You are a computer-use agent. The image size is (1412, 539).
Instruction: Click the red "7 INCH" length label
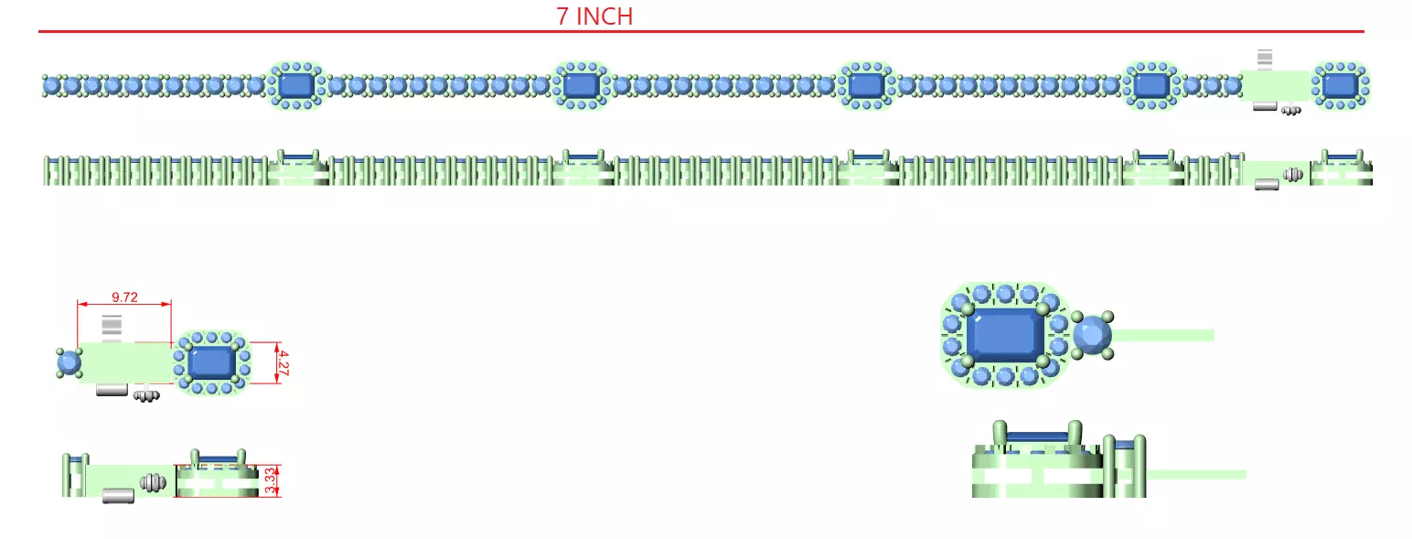(594, 16)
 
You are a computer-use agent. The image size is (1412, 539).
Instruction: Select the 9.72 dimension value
(124, 296)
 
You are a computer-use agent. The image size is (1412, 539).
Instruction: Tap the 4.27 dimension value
(283, 363)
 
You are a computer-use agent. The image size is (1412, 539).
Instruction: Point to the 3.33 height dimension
(271, 481)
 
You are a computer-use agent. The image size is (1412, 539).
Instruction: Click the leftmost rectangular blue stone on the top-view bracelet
(296, 85)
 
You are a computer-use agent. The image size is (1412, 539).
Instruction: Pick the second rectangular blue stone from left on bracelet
(582, 85)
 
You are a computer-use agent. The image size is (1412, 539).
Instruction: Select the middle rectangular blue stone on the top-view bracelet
(867, 85)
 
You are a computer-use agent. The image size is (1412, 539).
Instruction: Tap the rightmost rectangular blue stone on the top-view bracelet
(1341, 85)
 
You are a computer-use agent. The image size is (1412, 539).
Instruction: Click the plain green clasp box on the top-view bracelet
(1275, 86)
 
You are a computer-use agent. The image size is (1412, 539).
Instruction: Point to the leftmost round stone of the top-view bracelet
(52, 85)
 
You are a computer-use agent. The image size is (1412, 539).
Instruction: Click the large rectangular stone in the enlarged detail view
(1005, 335)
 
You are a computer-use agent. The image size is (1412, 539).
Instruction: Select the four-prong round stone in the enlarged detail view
(1093, 335)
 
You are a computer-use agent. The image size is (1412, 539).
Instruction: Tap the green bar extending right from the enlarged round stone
(1163, 335)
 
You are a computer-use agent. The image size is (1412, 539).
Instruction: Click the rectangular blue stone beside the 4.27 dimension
(212, 363)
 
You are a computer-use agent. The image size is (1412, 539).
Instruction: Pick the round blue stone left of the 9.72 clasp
(69, 363)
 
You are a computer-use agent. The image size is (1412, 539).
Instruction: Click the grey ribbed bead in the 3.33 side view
(153, 483)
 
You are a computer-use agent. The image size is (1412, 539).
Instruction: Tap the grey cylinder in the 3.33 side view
(118, 496)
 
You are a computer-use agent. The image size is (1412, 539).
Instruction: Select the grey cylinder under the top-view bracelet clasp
(1265, 106)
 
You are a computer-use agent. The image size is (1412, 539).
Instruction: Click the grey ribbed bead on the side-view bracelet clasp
(1293, 175)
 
